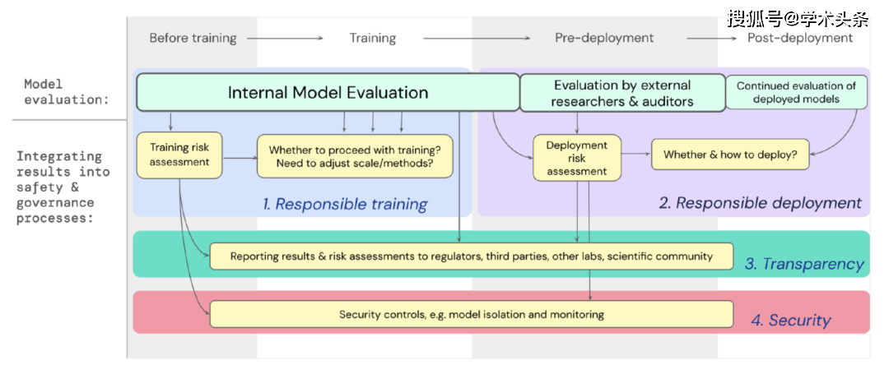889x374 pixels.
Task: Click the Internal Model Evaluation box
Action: click(328, 92)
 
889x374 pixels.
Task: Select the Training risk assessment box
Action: click(179, 155)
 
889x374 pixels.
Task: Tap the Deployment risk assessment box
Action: click(576, 158)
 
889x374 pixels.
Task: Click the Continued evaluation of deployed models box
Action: click(797, 92)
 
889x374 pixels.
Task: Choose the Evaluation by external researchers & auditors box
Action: click(622, 92)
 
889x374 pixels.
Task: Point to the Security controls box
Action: click(471, 314)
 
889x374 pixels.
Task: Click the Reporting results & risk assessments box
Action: click(471, 256)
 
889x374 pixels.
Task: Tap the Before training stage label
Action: click(193, 38)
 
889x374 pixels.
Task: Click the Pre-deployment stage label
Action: click(604, 38)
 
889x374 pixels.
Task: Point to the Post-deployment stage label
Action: click(799, 38)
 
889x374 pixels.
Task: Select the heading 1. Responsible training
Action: click(345, 204)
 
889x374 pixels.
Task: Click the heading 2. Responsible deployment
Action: click(760, 202)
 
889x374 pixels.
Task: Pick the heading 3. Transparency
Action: click(804, 264)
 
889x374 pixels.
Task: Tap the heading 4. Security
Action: click(791, 321)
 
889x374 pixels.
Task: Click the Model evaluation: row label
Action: click(67, 90)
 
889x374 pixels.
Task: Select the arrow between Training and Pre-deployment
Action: click(477, 38)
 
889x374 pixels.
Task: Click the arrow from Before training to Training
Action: click(285, 38)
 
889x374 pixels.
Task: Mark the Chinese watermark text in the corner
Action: click(798, 19)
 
